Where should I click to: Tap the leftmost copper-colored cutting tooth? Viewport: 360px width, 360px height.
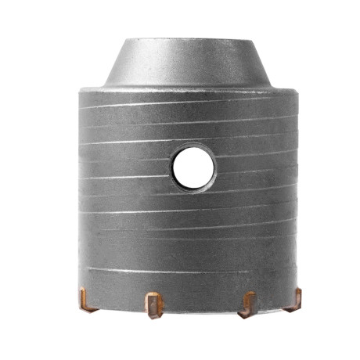pyautogui.click(x=88, y=298)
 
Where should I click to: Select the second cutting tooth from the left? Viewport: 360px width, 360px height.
pyautogui.click(x=153, y=304)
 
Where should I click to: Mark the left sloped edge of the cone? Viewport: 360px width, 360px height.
pyautogui.click(x=116, y=63)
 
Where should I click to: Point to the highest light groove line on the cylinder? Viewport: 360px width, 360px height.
pyautogui.click(x=188, y=104)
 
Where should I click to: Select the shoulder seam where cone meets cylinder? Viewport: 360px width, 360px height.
pyautogui.click(x=188, y=88)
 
